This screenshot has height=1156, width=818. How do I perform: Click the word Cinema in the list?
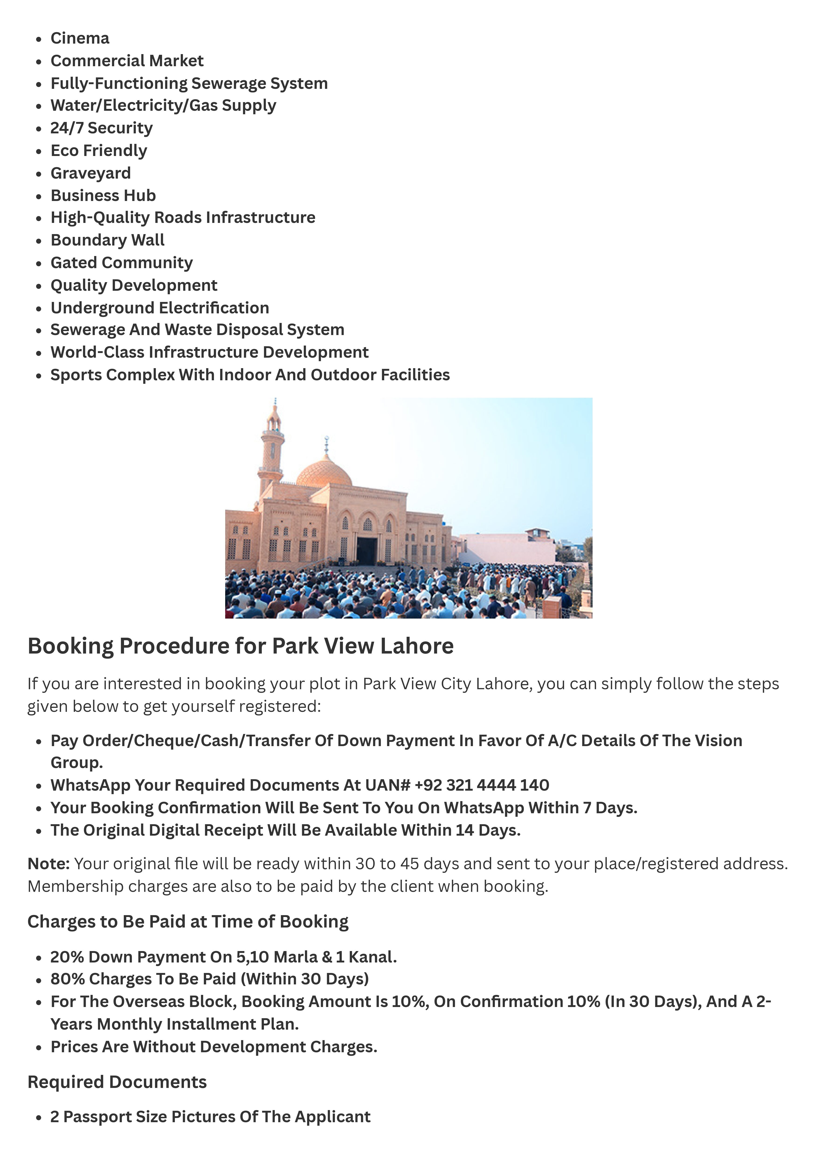tap(79, 38)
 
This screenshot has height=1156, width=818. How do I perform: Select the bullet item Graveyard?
tap(91, 173)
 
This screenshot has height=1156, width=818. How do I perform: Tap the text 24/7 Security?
tap(101, 128)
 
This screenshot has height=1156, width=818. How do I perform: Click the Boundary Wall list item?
tap(107, 240)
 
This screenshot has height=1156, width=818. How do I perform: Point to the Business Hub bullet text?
tap(103, 195)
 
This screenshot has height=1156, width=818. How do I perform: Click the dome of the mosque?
tap(324, 472)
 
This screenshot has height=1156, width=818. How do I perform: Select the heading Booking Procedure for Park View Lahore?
tap(240, 646)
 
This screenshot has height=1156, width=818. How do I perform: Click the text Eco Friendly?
tap(99, 151)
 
